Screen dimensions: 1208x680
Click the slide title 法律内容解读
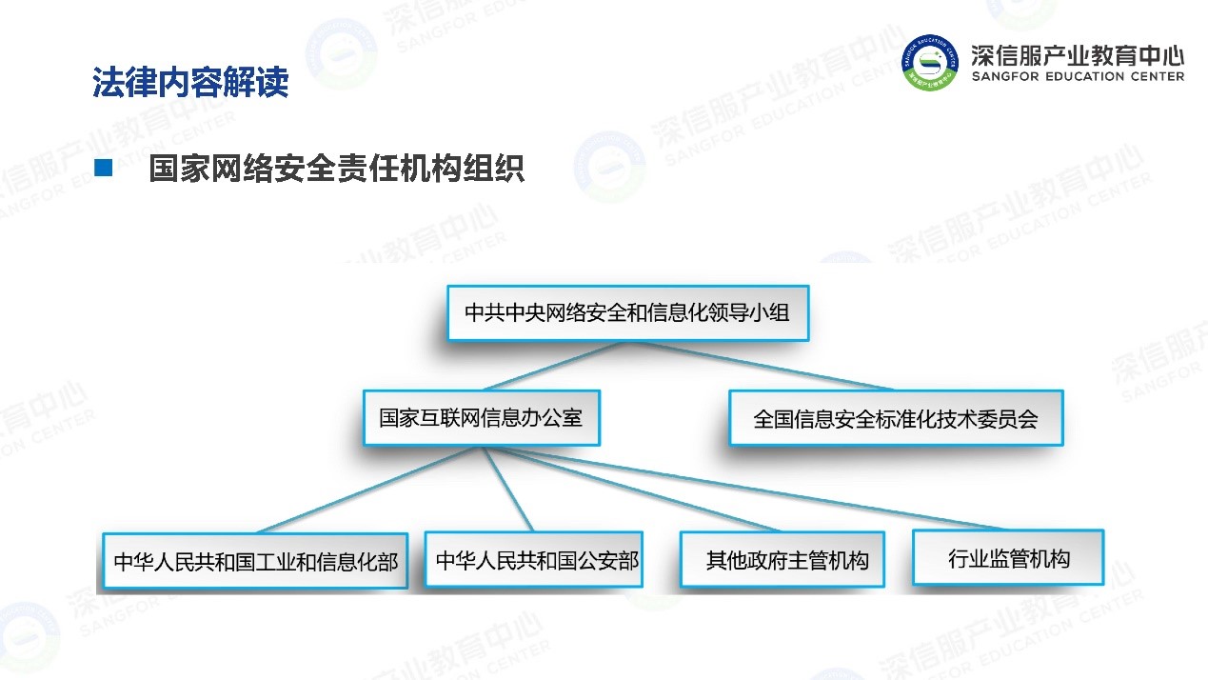190,82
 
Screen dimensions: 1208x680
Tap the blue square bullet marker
103,168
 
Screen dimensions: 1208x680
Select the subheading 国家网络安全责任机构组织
336,169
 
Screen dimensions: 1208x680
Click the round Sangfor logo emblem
930,63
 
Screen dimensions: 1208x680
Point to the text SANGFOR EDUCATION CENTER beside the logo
1078,76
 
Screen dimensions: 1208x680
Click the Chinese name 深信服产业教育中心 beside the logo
1078,55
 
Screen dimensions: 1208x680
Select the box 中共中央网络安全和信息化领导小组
628,313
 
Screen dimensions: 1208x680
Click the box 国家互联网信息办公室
482,418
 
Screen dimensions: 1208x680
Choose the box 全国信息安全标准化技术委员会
896,418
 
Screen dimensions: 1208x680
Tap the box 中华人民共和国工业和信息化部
255,561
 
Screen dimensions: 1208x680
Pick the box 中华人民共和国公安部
534,560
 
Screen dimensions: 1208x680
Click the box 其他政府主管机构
782,560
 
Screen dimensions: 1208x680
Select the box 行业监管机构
1008,557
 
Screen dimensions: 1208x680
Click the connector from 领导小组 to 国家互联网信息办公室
554,366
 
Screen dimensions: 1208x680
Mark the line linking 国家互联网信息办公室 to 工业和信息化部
368,490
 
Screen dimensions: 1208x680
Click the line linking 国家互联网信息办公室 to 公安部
508,489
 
